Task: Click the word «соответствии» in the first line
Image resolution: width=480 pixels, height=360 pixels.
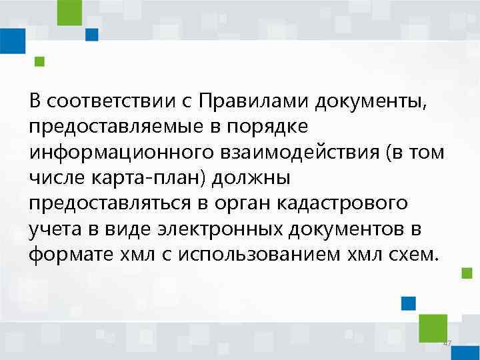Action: pos(108,101)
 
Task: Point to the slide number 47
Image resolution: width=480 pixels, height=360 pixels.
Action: pos(447,343)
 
